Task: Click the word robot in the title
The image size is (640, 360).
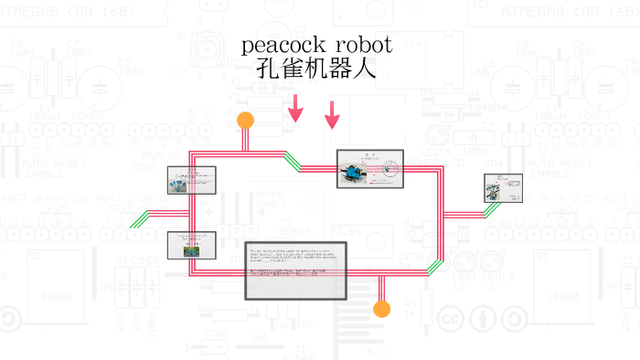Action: coord(363,46)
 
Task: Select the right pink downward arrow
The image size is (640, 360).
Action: coord(332,115)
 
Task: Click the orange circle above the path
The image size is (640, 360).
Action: coord(245,120)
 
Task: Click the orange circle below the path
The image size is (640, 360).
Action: coord(382,309)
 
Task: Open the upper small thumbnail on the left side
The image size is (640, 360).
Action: coord(192,180)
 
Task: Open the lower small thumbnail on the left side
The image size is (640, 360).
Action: coord(191,244)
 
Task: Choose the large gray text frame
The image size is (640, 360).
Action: coord(296,271)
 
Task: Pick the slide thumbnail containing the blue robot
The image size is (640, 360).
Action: coord(369,169)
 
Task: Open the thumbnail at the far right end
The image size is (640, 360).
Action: coord(503,188)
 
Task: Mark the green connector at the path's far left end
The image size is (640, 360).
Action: coord(141,219)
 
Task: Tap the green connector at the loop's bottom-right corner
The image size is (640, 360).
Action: coord(435,267)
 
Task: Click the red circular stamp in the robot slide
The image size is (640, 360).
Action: coord(390,167)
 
